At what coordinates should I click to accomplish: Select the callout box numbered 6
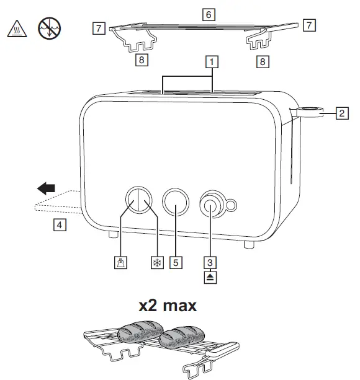point(209,13)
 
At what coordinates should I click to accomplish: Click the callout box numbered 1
point(212,62)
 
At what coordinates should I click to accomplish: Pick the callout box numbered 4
point(59,225)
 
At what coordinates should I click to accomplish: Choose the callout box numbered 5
point(176,262)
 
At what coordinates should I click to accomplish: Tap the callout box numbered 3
point(212,262)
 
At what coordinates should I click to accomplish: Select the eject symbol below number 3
point(212,275)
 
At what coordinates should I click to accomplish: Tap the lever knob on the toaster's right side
point(308,112)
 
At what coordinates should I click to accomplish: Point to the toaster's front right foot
point(248,245)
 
